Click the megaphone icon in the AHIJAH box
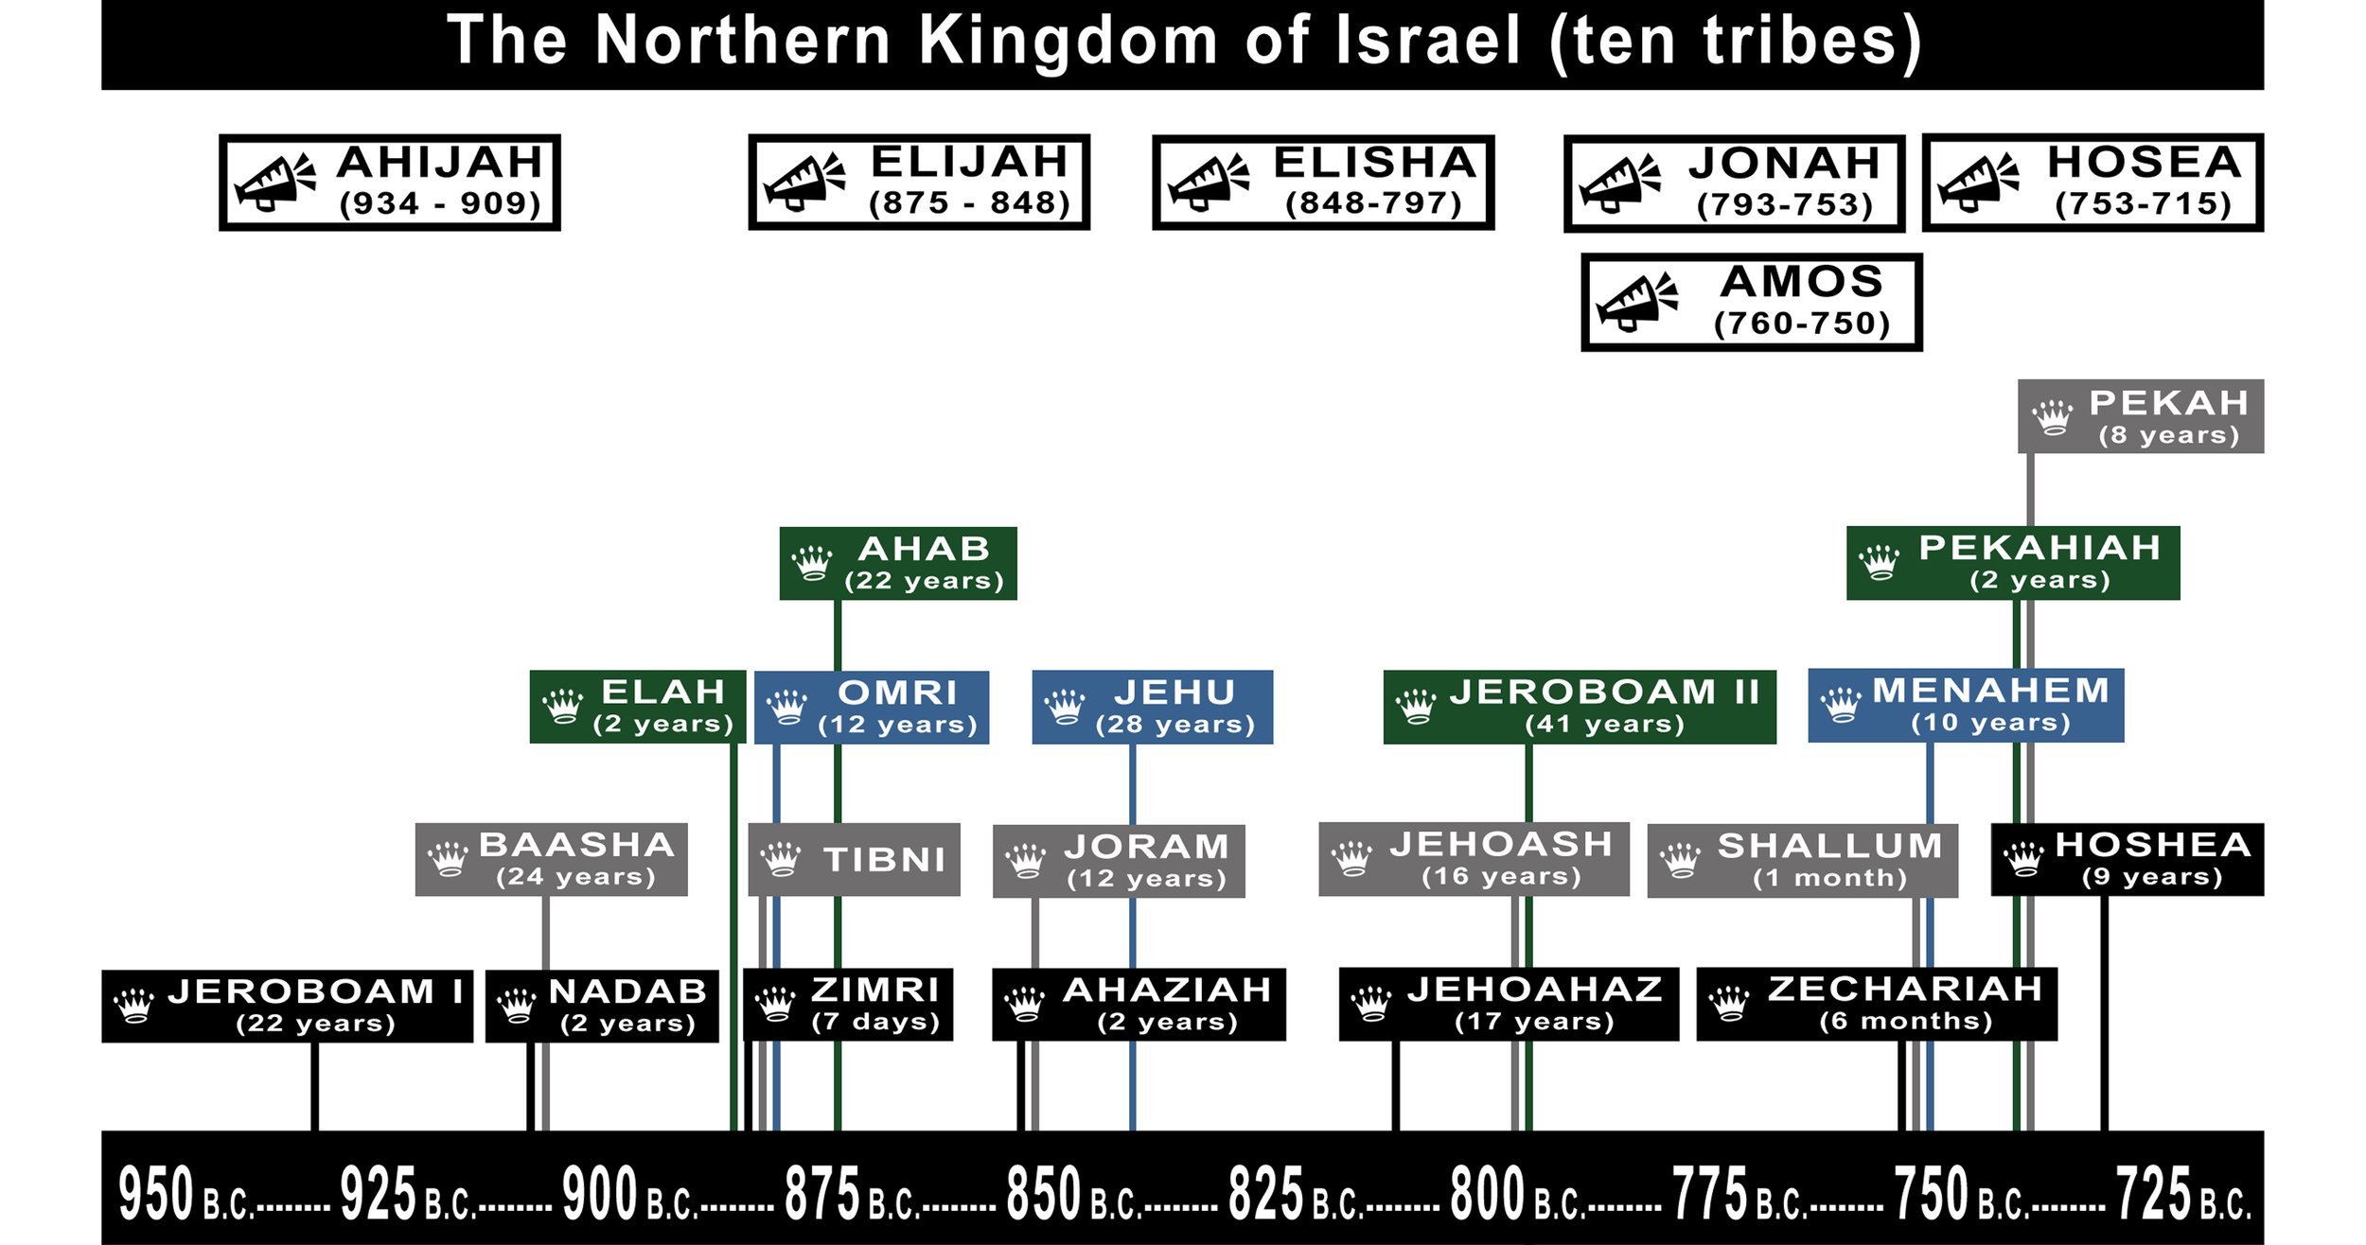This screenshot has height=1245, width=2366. [274, 182]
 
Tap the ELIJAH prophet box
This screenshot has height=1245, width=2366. [919, 182]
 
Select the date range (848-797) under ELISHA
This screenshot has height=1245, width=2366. [1373, 203]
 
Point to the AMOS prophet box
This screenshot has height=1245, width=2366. [1751, 302]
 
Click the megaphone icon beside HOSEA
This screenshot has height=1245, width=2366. [1978, 182]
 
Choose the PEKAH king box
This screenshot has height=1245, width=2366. [2140, 416]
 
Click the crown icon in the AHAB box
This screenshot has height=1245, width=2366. [812, 563]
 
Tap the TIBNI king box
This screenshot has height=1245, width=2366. [854, 859]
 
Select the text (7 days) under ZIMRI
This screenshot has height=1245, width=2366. [875, 1022]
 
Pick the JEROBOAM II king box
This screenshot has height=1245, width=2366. [1579, 707]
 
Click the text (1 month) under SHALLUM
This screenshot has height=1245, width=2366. [1828, 878]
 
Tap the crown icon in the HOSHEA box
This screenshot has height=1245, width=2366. [2023, 859]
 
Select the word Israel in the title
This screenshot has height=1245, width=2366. [1427, 41]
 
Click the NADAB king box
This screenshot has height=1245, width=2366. [602, 1006]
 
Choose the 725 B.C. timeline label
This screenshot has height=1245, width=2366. [2182, 1194]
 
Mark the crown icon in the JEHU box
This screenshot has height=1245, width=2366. [1064, 707]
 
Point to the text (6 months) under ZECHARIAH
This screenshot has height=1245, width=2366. [1905, 1022]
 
